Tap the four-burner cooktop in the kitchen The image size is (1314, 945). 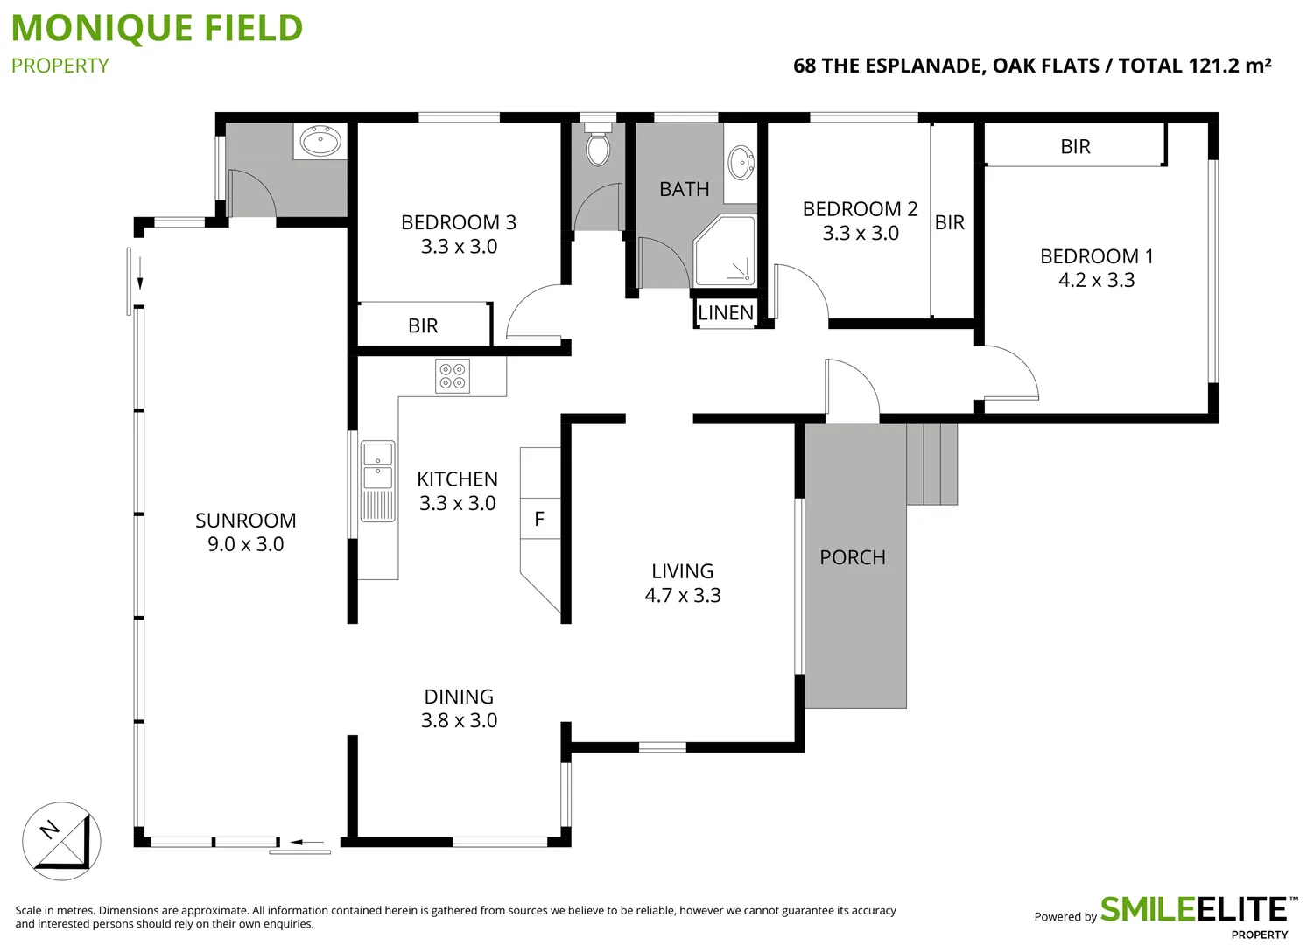point(453,376)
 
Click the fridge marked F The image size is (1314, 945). point(539,519)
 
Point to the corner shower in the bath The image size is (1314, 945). point(725,250)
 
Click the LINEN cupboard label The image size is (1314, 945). point(726,313)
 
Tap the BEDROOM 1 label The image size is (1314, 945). point(1096,256)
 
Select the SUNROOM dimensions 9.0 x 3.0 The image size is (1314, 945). point(245,544)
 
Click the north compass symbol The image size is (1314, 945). point(61,841)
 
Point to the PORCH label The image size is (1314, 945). point(852,557)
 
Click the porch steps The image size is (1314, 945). point(931,464)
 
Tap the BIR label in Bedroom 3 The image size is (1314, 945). point(423,325)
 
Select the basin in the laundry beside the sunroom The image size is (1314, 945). point(320,140)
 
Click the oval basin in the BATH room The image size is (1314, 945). point(741,163)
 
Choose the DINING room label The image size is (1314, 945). point(459,696)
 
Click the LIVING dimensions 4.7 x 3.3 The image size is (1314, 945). point(682,595)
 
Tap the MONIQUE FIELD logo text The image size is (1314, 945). point(158,28)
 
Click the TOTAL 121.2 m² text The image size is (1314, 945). point(1194,66)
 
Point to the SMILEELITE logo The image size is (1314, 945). point(1192,910)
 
